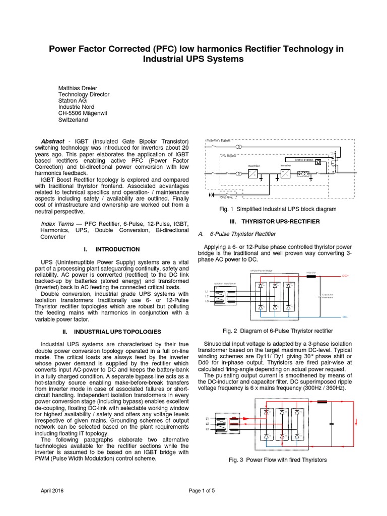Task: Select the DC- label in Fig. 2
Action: click(345, 317)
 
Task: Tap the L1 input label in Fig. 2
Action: click(207, 291)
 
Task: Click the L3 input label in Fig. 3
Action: click(207, 429)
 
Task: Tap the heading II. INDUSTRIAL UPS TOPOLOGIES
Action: click(111, 332)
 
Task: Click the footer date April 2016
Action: click(53, 490)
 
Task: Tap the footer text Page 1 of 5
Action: click(202, 490)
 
